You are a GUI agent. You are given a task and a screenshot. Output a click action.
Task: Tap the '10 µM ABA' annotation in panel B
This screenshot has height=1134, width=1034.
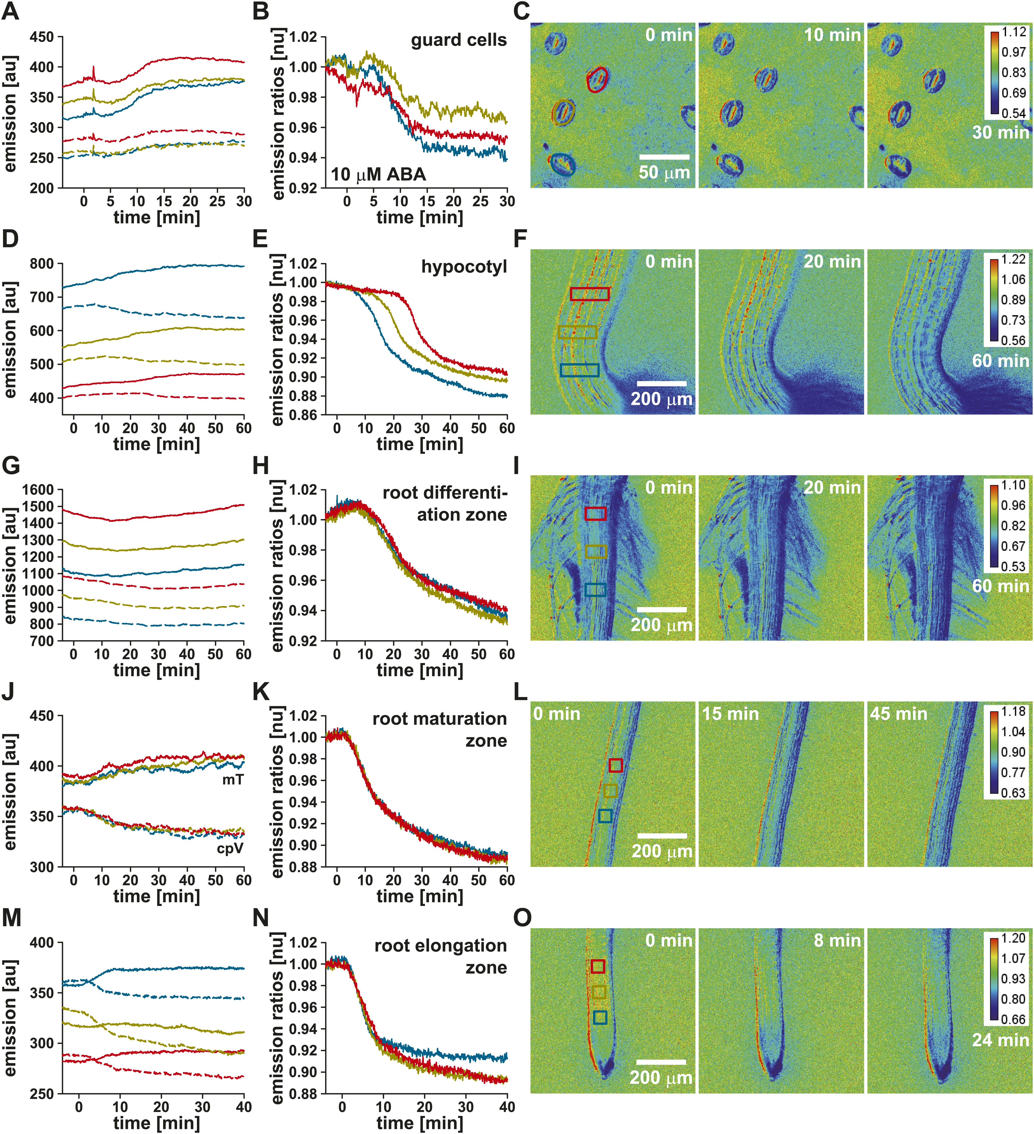pyautogui.click(x=378, y=174)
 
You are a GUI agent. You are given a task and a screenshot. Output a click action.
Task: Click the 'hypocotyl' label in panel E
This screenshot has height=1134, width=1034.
pyautogui.click(x=464, y=267)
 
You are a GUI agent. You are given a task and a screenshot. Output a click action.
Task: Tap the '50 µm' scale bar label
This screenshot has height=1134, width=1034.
pyautogui.click(x=664, y=173)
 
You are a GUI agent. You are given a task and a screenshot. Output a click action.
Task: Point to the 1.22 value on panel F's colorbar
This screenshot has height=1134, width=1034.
pyautogui.click(x=1013, y=259)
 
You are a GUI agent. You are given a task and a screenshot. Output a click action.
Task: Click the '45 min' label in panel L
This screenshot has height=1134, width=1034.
pyautogui.click(x=899, y=714)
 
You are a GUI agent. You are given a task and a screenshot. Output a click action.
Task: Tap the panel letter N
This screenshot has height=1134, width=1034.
pyautogui.click(x=260, y=918)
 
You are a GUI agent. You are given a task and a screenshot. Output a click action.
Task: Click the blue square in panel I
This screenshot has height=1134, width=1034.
pyautogui.click(x=595, y=590)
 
